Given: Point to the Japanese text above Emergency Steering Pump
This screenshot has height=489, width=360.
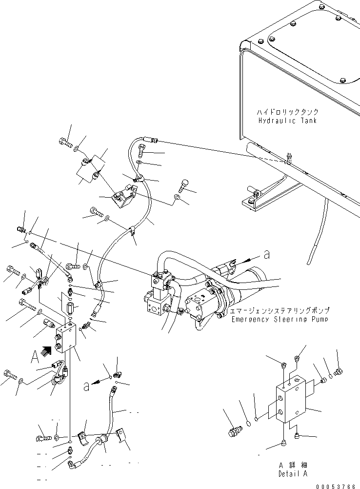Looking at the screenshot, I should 279,310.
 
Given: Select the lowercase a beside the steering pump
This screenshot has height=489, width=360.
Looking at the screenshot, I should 266,254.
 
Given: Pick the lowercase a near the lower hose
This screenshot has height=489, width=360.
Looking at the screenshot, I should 86,387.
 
